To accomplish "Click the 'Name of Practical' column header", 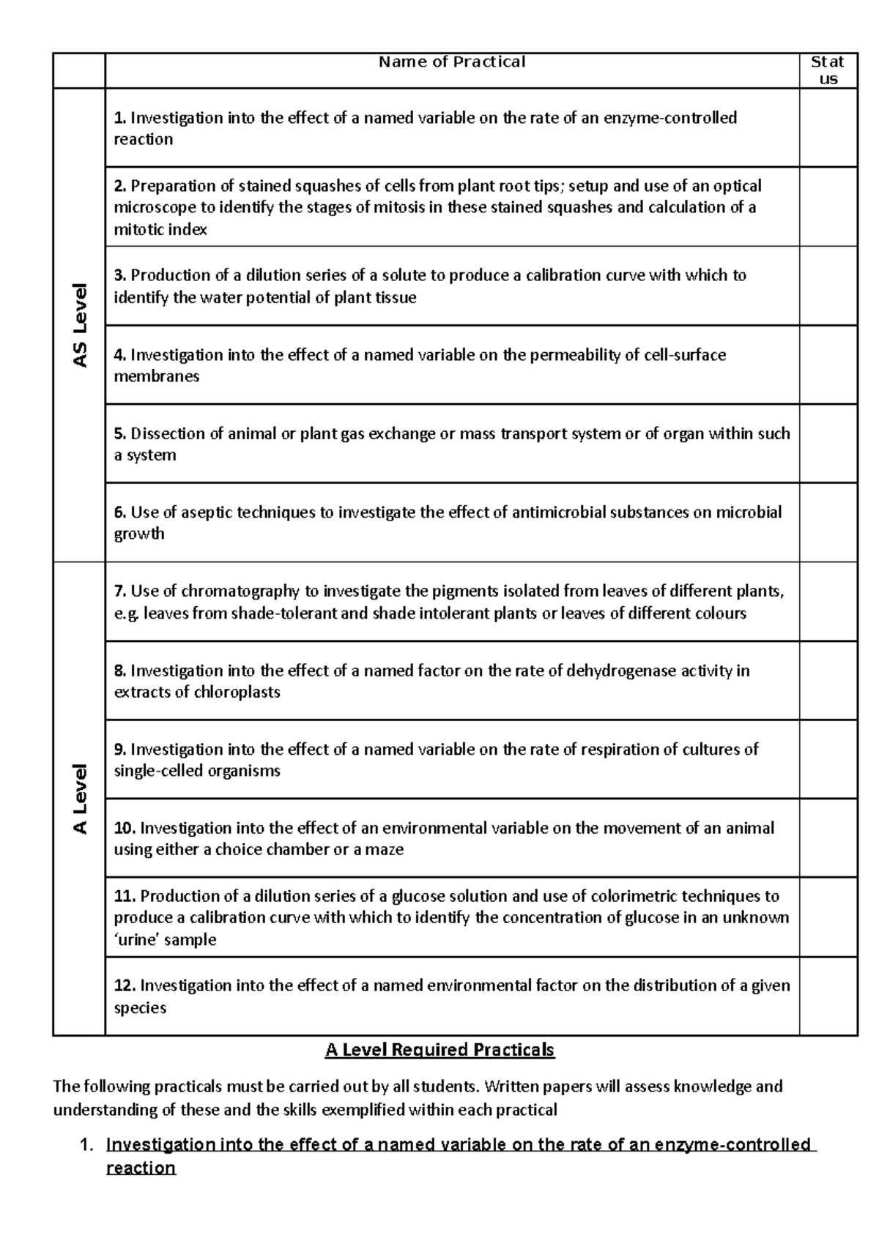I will [452, 62].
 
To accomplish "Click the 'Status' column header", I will [828, 70].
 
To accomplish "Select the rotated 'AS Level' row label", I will [79, 325].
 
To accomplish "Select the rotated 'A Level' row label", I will [79, 799].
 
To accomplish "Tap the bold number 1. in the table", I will [120, 118].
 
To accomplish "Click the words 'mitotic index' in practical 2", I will [160, 230].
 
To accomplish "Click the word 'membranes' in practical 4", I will [156, 376].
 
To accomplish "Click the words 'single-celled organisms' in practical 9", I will [197, 771].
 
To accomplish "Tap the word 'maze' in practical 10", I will [386, 850].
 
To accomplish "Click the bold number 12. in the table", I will [125, 986].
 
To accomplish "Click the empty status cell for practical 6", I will [828, 522].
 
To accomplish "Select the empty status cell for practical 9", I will [828, 759].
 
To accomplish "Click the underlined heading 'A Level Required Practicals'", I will [439, 1050].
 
